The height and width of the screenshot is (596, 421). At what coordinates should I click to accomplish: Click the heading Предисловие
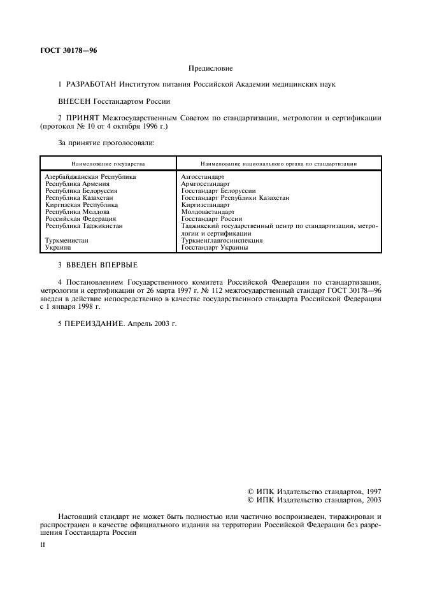211,67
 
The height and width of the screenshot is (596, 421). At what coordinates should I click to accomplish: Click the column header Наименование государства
108,164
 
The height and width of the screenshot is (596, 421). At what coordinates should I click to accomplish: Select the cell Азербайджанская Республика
90,176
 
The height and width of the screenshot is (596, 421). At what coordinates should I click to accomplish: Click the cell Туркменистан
67,241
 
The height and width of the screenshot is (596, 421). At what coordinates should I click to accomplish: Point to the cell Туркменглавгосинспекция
222,241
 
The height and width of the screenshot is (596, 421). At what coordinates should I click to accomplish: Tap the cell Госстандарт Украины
215,248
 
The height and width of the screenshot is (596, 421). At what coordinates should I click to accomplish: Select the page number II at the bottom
42,545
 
